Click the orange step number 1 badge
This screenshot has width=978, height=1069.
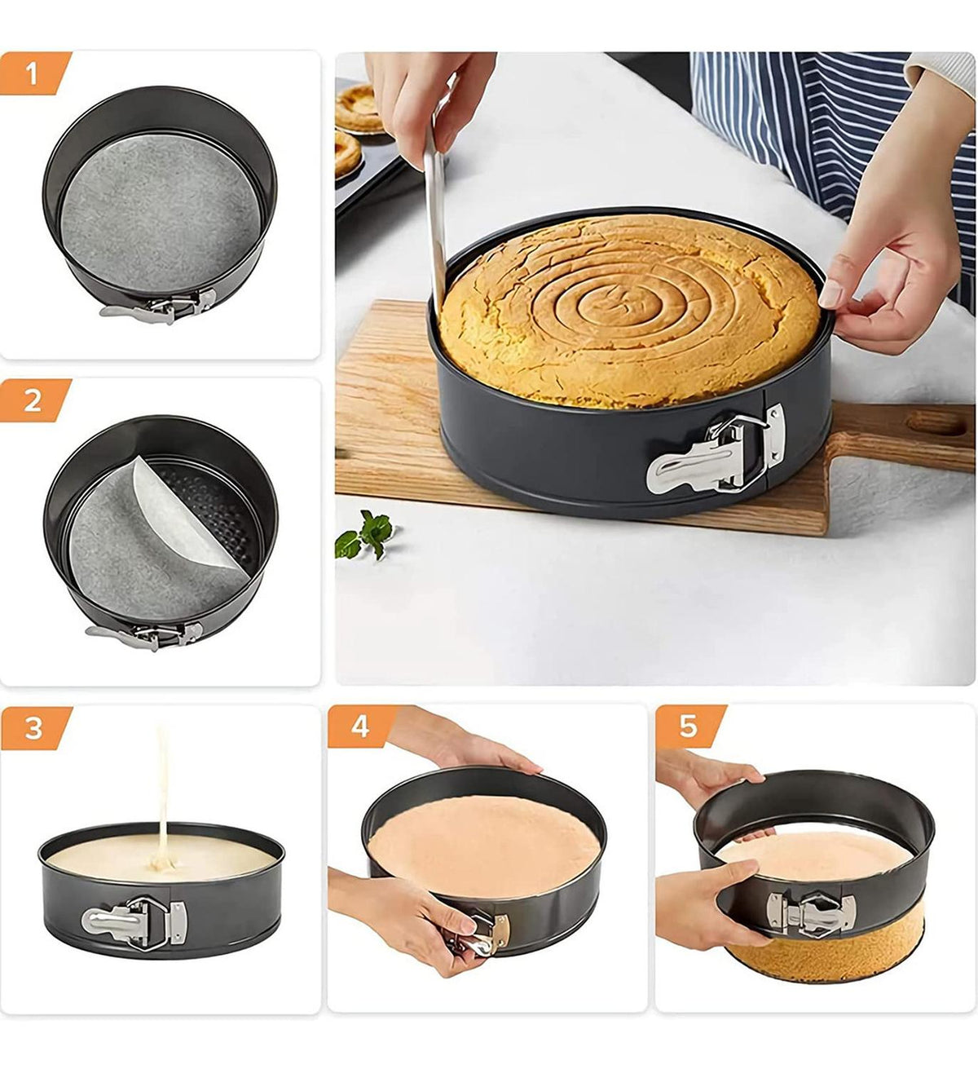[x=33, y=73]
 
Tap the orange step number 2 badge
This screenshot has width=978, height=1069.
[x=33, y=400]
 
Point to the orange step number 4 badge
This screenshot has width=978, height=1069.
[x=361, y=726]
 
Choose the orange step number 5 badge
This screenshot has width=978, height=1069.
[x=689, y=726]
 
